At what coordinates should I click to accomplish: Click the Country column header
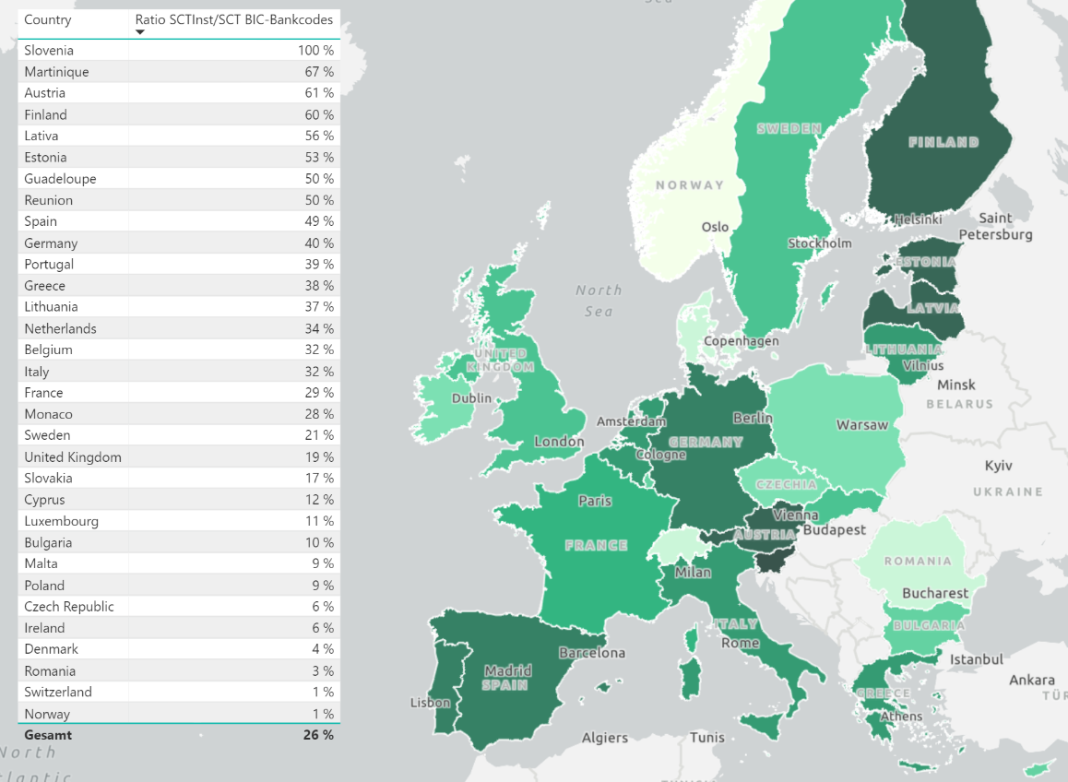[x=48, y=20]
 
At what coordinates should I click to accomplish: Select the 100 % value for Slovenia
[x=314, y=51]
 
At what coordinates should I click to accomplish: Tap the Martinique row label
[x=57, y=72]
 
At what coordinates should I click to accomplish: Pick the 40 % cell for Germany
[x=319, y=243]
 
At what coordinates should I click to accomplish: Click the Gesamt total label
[x=48, y=735]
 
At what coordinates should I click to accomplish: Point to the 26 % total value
[x=318, y=735]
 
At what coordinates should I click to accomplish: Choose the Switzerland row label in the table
[x=58, y=693]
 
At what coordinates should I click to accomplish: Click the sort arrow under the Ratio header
[x=140, y=32]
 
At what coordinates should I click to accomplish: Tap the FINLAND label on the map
[x=943, y=143]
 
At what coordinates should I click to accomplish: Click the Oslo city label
[x=715, y=227]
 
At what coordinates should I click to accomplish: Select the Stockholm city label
[x=819, y=243]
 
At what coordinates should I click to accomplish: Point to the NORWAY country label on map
[x=690, y=185]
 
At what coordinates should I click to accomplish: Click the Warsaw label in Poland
[x=862, y=425]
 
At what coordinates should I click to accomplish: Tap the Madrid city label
[x=507, y=670]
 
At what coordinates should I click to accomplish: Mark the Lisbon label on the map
[x=431, y=703]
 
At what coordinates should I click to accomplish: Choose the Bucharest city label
[x=935, y=593]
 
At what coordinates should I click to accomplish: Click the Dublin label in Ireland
[x=471, y=399]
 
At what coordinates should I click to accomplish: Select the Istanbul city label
[x=977, y=659]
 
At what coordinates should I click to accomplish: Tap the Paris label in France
[x=595, y=502]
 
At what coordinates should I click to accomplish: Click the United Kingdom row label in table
[x=73, y=457]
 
